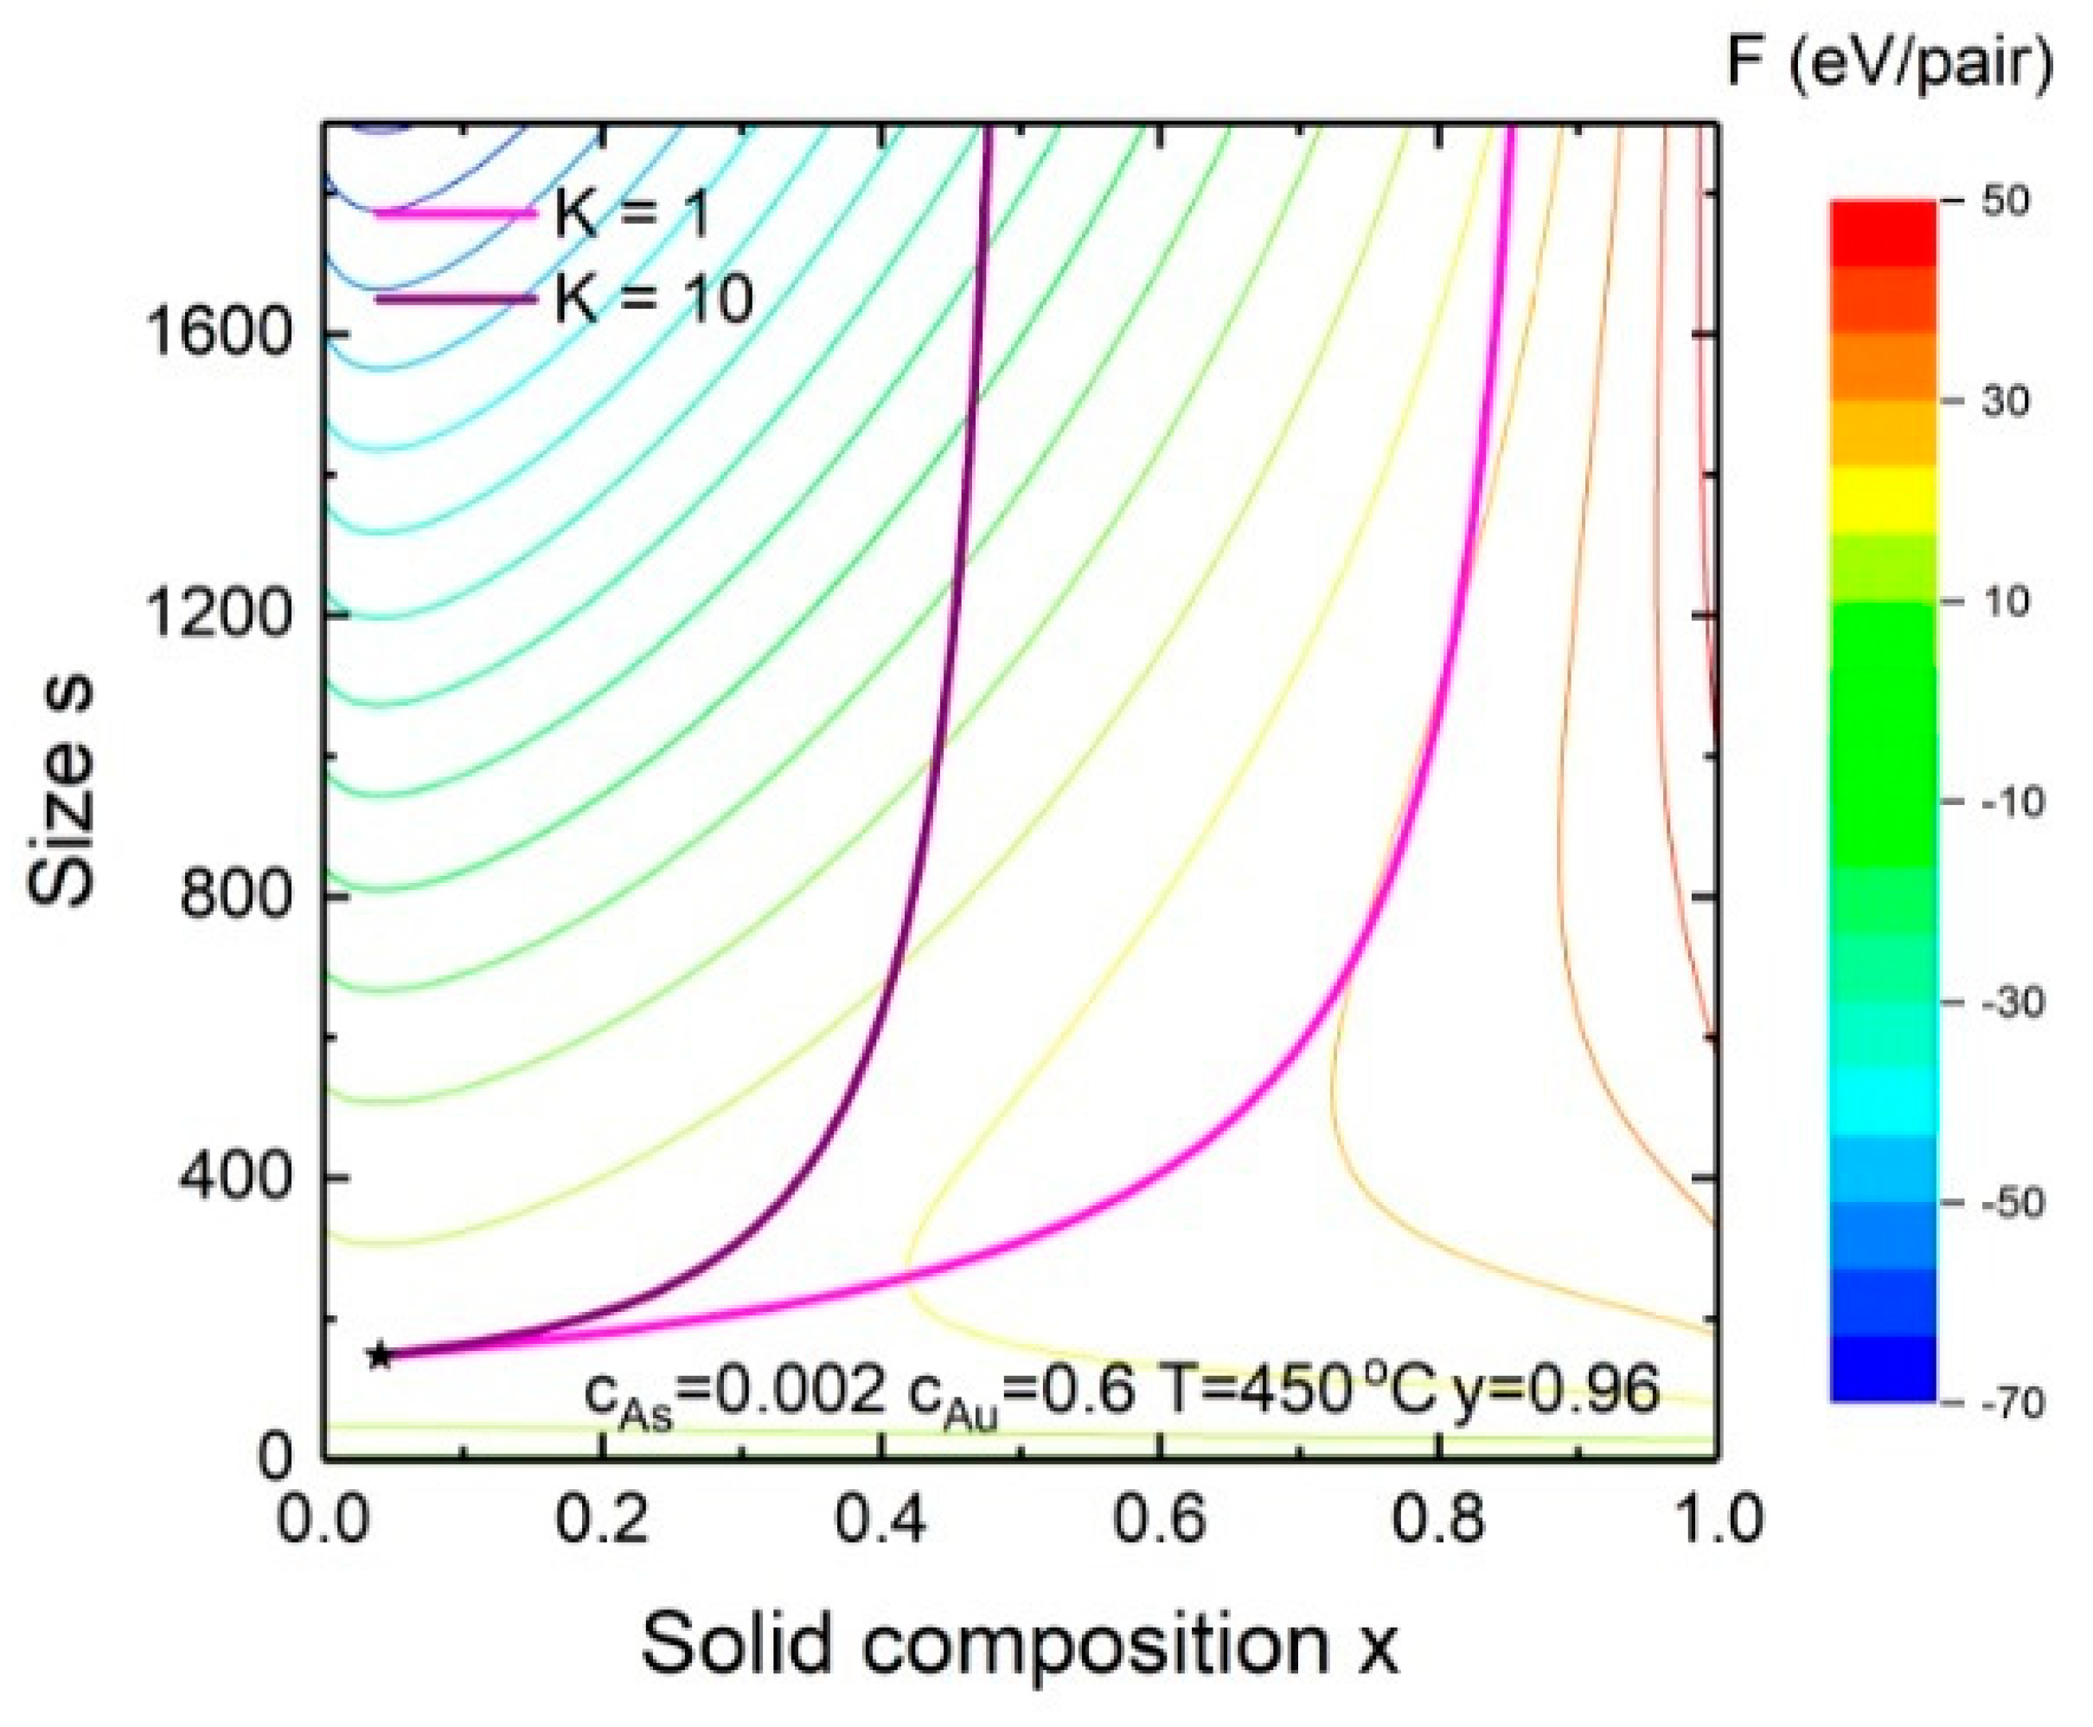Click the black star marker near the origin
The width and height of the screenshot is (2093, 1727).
pos(379,1355)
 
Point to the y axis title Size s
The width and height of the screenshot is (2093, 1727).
pos(61,792)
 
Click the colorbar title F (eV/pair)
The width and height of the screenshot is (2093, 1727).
pos(1889,65)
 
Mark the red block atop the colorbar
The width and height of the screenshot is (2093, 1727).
pos(1883,233)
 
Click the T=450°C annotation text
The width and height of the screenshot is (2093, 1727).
pos(1299,1390)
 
